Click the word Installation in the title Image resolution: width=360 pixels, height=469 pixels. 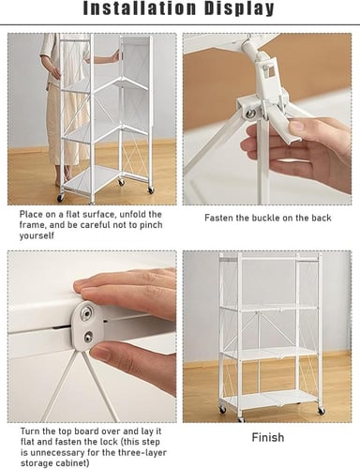coord(141,8)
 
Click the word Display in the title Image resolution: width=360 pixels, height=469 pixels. coord(239,9)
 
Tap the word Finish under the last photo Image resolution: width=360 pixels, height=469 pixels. coord(268,437)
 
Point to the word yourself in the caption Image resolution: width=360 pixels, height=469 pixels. coord(37,235)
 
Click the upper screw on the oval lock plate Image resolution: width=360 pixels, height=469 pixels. coord(86,312)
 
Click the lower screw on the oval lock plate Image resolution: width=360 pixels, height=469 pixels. coord(87,336)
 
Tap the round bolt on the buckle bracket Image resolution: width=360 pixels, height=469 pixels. coord(249,113)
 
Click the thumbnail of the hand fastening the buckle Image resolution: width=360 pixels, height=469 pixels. coord(298,127)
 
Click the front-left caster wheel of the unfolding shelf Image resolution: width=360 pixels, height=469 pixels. coord(60,197)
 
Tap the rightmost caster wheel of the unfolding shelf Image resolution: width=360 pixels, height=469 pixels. coord(151,189)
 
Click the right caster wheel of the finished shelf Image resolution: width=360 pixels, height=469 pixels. coord(321,411)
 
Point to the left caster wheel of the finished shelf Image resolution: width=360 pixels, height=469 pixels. coord(222,409)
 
